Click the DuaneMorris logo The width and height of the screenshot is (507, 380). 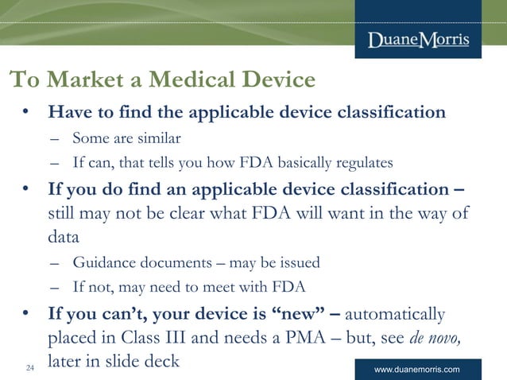point(418,40)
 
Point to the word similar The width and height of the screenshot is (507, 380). point(159,138)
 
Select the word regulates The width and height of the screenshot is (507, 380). point(362,163)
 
